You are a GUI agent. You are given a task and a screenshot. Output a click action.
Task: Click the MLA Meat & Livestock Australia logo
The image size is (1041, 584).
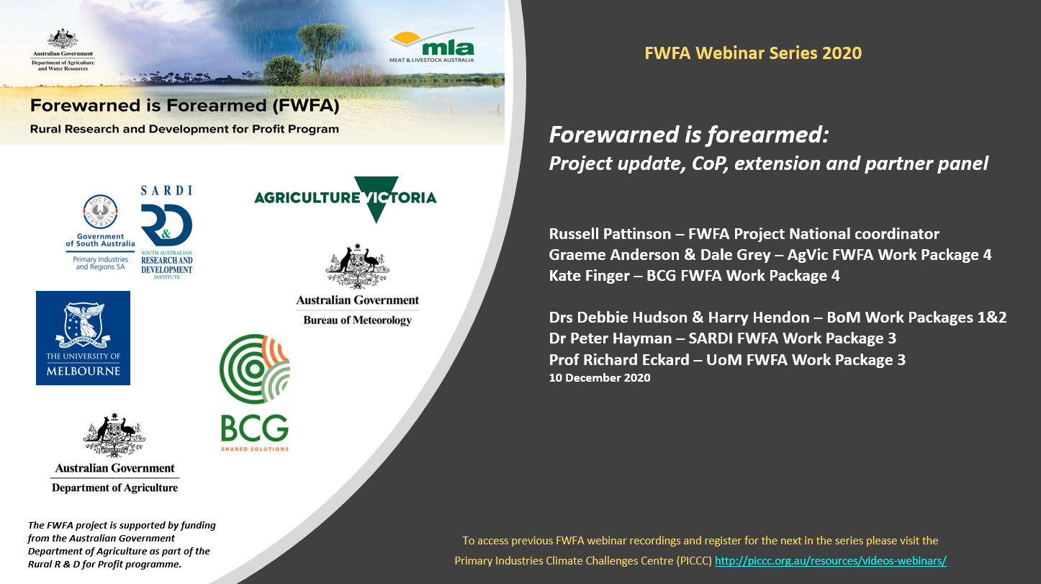click(x=432, y=45)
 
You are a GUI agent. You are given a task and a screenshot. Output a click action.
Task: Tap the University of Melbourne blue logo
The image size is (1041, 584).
click(x=84, y=338)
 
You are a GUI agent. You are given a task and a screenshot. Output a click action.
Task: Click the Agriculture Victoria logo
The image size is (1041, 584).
click(x=346, y=199)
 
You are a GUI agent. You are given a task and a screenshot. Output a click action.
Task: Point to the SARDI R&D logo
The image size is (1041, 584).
click(x=166, y=232)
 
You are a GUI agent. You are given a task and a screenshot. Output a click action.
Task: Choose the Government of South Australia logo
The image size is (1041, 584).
click(x=100, y=232)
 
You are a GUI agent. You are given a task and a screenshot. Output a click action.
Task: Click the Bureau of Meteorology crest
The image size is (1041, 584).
click(x=357, y=266)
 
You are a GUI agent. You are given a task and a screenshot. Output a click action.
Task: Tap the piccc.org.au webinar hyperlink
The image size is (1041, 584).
click(x=831, y=561)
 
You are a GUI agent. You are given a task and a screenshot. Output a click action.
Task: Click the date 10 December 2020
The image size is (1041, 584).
click(x=600, y=377)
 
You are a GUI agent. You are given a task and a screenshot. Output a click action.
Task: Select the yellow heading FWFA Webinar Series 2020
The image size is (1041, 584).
click(x=753, y=53)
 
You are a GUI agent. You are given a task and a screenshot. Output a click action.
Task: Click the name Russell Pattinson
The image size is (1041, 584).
click(x=610, y=234)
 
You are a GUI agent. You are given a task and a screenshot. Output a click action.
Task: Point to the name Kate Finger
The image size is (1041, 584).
click(x=590, y=276)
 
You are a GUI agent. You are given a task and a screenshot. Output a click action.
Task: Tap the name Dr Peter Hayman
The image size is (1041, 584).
click(x=610, y=338)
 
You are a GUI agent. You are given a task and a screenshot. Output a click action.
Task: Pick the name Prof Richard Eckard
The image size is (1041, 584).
click(x=619, y=360)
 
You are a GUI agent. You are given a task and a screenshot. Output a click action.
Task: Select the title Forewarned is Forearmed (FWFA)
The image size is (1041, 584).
click(x=185, y=106)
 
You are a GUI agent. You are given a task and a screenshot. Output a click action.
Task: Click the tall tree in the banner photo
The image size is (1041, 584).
click(x=320, y=52)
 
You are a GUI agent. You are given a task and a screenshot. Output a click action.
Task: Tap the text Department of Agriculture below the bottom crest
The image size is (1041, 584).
click(x=114, y=488)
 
